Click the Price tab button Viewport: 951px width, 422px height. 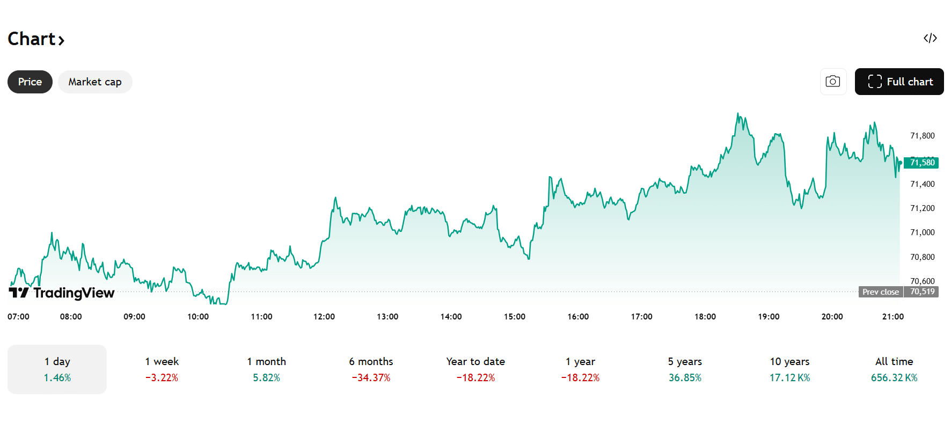pyautogui.click(x=30, y=82)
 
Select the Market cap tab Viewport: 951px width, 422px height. pyautogui.click(x=95, y=82)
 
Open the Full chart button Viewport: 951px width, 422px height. pyautogui.click(x=899, y=82)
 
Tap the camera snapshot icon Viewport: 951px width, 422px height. pyautogui.click(x=833, y=82)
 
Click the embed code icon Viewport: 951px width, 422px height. pyautogui.click(x=930, y=38)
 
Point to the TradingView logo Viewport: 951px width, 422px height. pyautogui.click(x=62, y=293)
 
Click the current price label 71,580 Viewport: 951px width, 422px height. pyautogui.click(x=921, y=163)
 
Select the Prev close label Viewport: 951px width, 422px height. pyautogui.click(x=880, y=292)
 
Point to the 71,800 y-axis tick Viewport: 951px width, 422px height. pyautogui.click(x=922, y=136)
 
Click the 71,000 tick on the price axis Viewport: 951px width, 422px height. pyautogui.click(x=922, y=232)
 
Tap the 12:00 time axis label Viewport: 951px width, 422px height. pyautogui.click(x=324, y=317)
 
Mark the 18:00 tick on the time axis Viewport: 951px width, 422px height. pyautogui.click(x=705, y=317)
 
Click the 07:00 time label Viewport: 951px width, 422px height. pyautogui.click(x=18, y=317)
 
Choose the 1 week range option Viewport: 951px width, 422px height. pyautogui.click(x=162, y=369)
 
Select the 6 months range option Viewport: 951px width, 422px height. pyautogui.click(x=371, y=369)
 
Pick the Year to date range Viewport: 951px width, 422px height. pyautogui.click(x=475, y=369)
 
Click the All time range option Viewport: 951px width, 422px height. pyautogui.click(x=894, y=369)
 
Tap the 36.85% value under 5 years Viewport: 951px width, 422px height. pyautogui.click(x=685, y=378)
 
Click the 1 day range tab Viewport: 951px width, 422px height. pyautogui.click(x=57, y=369)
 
